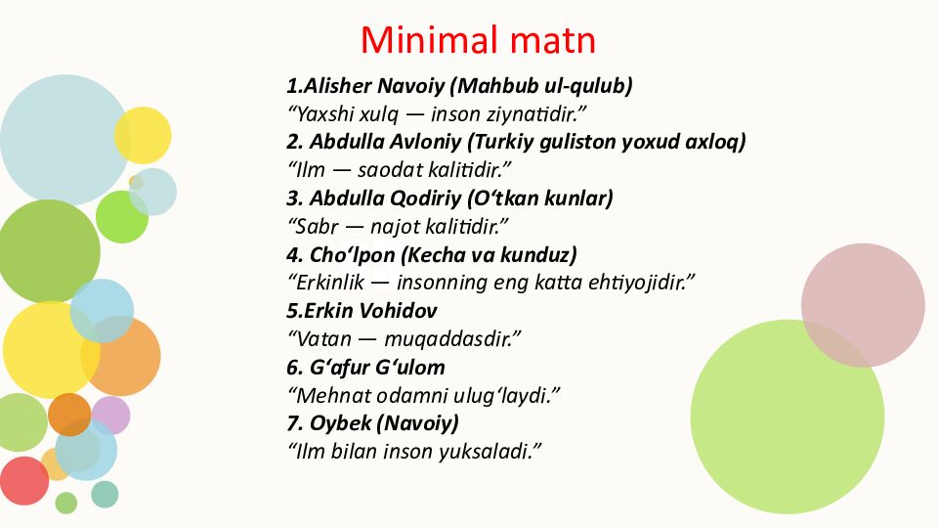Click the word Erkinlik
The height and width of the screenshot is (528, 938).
coord(325,284)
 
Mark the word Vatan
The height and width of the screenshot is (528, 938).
coord(319,340)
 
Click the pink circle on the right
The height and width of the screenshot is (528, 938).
coord(863,305)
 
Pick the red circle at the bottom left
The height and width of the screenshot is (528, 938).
coord(23,480)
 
